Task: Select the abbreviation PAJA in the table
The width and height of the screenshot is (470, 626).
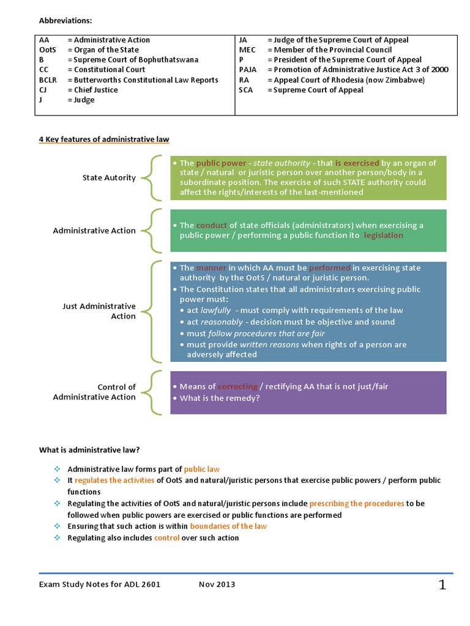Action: pyautogui.click(x=248, y=70)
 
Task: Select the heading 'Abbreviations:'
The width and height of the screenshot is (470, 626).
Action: pyautogui.click(x=65, y=21)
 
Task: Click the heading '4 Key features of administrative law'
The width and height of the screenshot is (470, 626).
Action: pyautogui.click(x=104, y=139)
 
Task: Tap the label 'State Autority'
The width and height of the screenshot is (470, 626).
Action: pyautogui.click(x=109, y=178)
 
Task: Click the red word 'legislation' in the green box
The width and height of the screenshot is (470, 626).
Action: pyautogui.click(x=383, y=235)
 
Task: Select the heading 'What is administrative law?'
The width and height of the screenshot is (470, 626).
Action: pyautogui.click(x=89, y=451)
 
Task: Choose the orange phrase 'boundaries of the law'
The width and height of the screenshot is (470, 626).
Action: pyautogui.click(x=228, y=526)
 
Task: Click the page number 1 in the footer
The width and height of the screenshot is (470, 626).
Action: pyautogui.click(x=442, y=586)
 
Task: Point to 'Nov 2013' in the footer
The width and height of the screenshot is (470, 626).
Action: pyautogui.click(x=217, y=584)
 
